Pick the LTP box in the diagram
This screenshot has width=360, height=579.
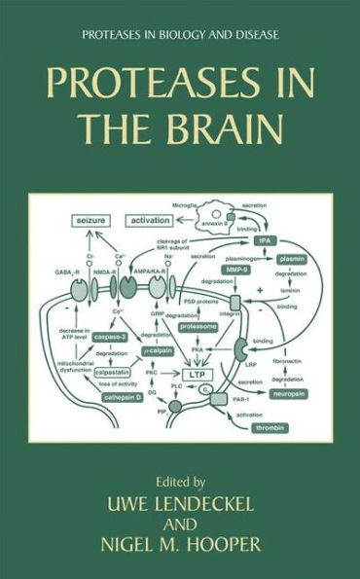(x=197, y=373)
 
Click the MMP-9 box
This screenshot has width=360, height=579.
(x=234, y=268)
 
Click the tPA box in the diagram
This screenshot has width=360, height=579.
(x=291, y=239)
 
